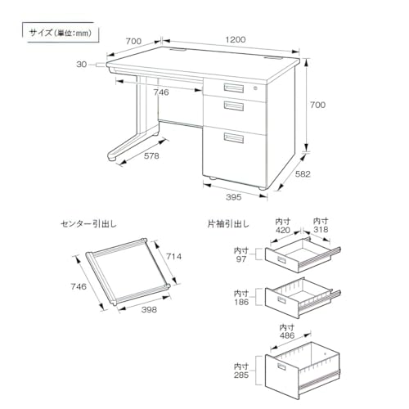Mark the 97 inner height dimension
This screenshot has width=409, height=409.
click(241, 255)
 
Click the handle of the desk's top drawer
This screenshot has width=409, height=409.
click(234, 88)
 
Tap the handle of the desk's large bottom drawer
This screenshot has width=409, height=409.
click(234, 137)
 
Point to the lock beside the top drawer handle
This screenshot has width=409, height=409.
click(255, 88)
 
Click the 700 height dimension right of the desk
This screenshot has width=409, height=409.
click(317, 105)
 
